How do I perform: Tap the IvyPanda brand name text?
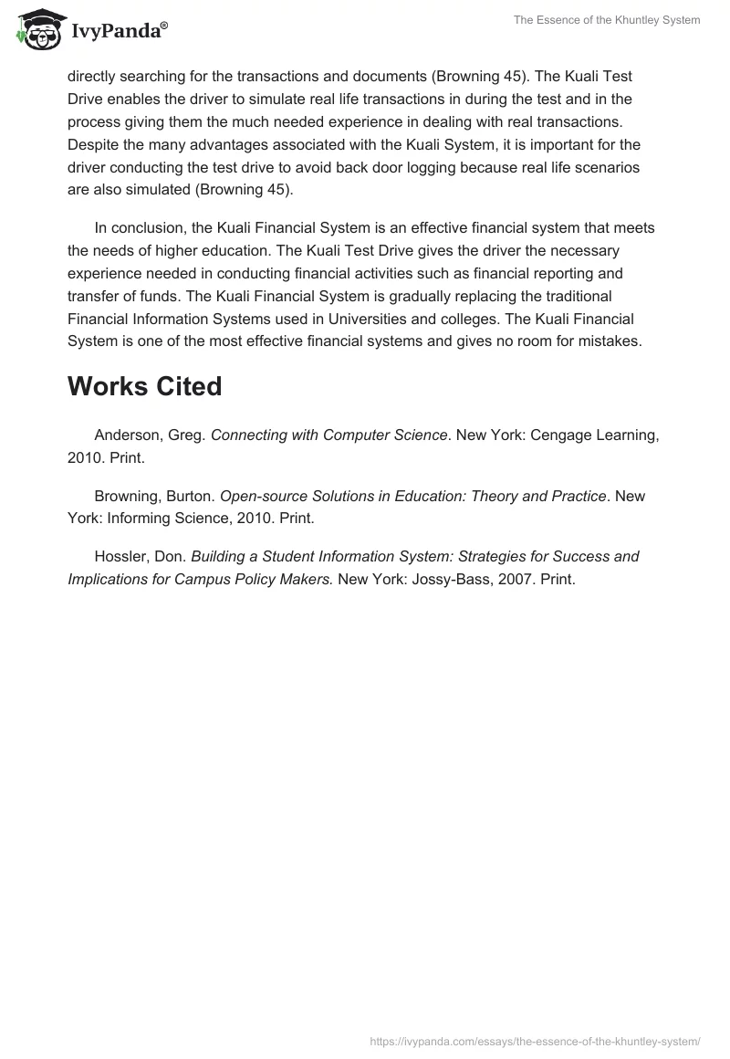pos(119,31)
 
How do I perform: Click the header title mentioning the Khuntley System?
pos(607,20)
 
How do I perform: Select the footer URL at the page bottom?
pos(535,1041)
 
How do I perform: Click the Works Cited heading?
pos(144,386)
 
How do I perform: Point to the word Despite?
pos(93,144)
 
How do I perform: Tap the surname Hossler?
pos(120,556)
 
